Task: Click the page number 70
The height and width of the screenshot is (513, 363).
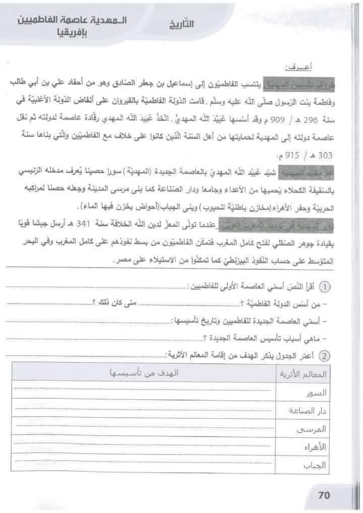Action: pos(324,495)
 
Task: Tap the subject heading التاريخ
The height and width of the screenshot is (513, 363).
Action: pos(182,24)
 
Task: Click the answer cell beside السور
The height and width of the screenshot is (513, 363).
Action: pos(143,393)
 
